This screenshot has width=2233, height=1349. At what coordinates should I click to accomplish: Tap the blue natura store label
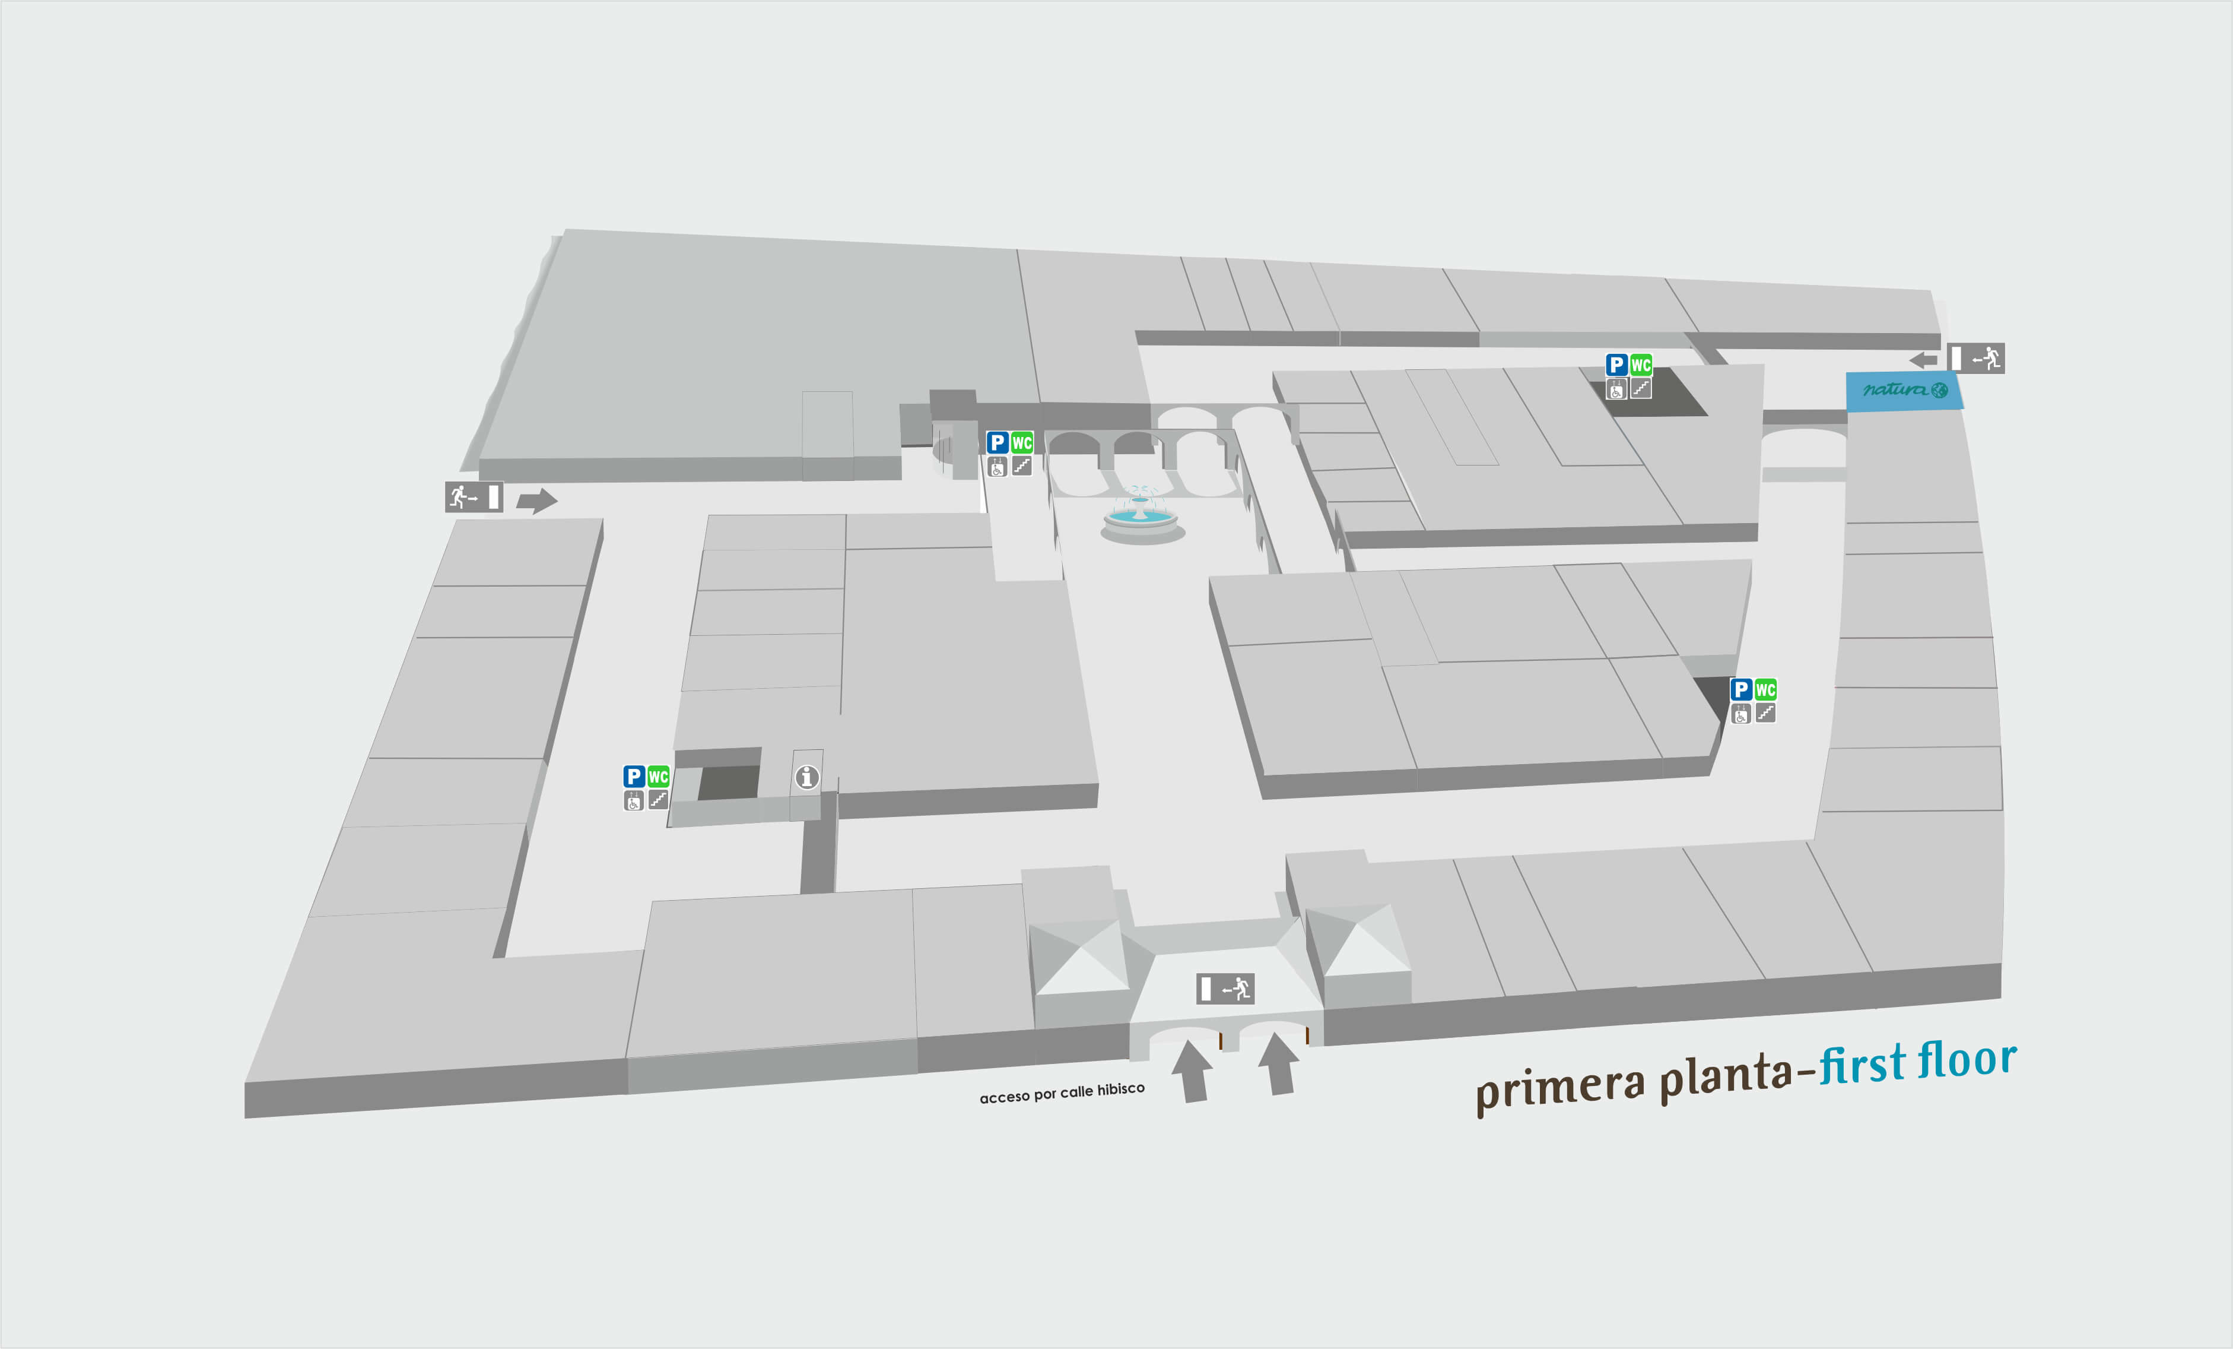(x=1905, y=391)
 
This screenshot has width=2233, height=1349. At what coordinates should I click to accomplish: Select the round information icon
(x=806, y=777)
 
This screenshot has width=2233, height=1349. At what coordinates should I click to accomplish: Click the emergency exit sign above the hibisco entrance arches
(x=1225, y=988)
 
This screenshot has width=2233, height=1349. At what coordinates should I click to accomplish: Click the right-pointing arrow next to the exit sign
(x=538, y=499)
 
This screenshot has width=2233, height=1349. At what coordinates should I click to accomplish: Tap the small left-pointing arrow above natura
(x=1923, y=360)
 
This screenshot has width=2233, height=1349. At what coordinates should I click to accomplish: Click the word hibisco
(x=1120, y=1089)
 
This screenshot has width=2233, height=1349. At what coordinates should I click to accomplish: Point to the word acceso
(x=1004, y=1097)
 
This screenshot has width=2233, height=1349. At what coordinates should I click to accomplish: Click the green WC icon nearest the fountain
(x=1021, y=442)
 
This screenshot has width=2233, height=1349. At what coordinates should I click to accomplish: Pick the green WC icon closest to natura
(x=1640, y=365)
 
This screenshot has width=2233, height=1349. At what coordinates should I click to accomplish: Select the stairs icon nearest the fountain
(x=1021, y=466)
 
